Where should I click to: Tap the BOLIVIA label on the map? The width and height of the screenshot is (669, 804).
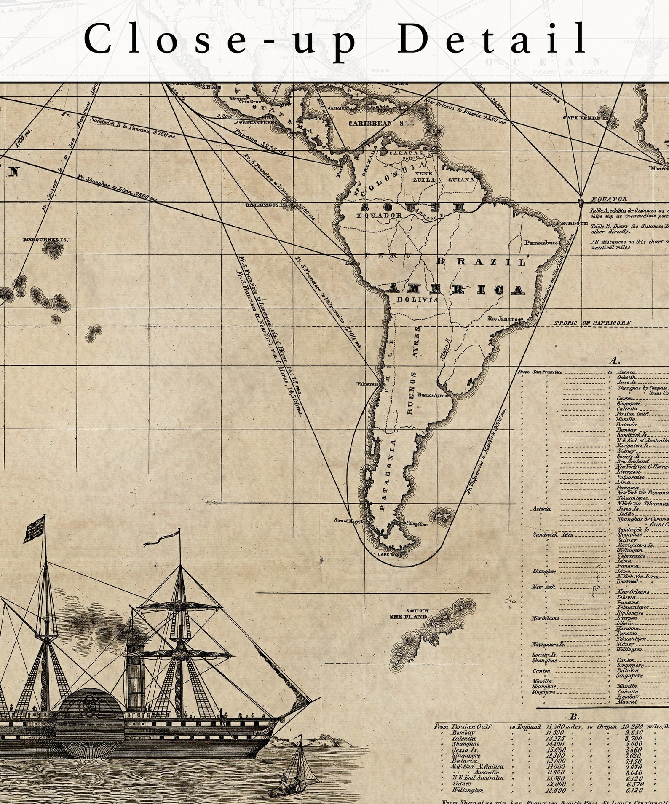(x=418, y=299)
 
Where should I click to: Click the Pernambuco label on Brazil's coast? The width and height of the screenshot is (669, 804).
(x=542, y=243)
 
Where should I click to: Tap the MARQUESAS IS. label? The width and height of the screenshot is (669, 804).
(x=45, y=240)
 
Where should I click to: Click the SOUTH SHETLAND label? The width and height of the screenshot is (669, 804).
(x=409, y=614)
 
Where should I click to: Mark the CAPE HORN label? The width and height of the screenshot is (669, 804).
(x=390, y=554)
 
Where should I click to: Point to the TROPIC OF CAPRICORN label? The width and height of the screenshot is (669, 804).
(x=592, y=323)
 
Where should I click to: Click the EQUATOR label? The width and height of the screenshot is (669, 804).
(x=609, y=199)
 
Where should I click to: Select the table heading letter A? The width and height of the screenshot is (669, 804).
(x=614, y=361)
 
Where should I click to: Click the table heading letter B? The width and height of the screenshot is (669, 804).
(x=574, y=716)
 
